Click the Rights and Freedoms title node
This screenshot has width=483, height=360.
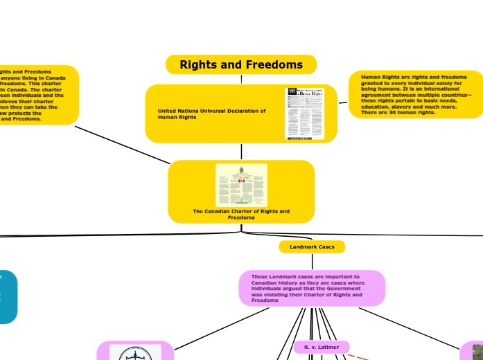[x=240, y=64]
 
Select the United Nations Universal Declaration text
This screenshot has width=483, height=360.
[x=211, y=114]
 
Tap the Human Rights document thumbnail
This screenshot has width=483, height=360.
[x=305, y=114]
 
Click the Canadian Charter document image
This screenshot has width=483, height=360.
[x=241, y=185]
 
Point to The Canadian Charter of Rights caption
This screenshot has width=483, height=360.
[x=241, y=214]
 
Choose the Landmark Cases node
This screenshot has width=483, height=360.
[x=312, y=246]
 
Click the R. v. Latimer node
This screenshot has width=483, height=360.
[x=322, y=347]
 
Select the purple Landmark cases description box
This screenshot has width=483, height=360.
[x=312, y=288]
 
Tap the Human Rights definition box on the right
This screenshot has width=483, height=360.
[x=416, y=94]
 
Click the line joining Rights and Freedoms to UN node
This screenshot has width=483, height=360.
[x=241, y=79]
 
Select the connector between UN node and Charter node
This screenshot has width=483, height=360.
[x=241, y=152]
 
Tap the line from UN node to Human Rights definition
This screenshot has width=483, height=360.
[x=342, y=102]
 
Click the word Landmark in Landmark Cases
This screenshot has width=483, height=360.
[x=302, y=246]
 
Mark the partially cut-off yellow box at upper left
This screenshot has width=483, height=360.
[x=38, y=94]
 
